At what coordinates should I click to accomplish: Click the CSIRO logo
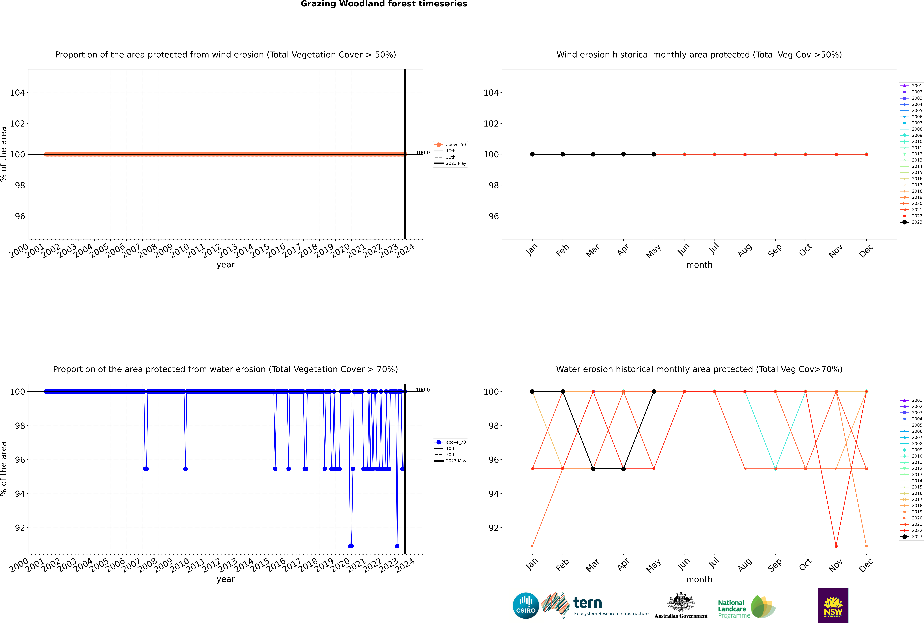tap(526, 606)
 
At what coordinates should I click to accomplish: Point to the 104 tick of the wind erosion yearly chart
tap(17, 93)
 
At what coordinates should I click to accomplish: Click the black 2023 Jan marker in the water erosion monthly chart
tap(532, 391)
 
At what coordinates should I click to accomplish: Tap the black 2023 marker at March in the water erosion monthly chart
tap(593, 469)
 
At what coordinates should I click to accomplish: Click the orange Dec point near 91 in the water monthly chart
tap(866, 546)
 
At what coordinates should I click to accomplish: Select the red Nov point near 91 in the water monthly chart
tap(836, 546)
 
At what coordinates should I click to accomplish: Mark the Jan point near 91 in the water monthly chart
tap(532, 546)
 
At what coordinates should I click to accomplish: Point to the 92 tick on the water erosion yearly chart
tap(20, 528)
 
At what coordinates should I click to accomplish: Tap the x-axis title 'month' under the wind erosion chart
tap(699, 265)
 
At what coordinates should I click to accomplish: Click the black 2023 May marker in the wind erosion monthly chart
tap(654, 154)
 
